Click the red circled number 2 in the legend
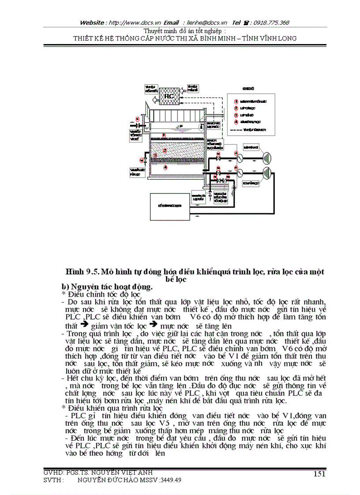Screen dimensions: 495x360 pyautogui.click(x=236, y=108)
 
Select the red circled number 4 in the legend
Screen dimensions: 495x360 pyautogui.click(x=236, y=121)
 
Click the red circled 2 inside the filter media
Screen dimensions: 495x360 pyautogui.click(x=165, y=150)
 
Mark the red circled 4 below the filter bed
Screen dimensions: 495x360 pyautogui.click(x=165, y=167)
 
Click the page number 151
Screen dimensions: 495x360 pyautogui.click(x=319, y=473)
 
